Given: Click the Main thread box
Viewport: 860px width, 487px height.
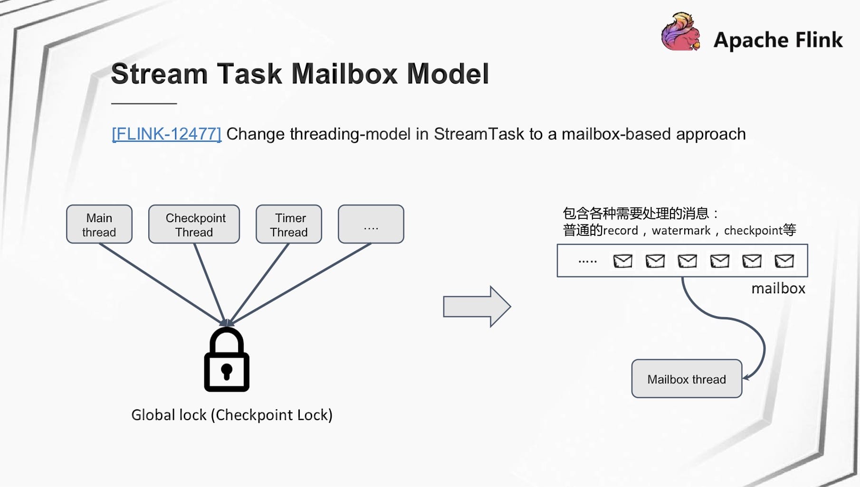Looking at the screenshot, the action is tap(99, 224).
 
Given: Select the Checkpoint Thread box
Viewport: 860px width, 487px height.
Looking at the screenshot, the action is tap(194, 224).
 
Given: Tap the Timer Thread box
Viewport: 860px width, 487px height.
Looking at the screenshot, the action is tap(289, 224).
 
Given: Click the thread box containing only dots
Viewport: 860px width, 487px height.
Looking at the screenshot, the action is tap(371, 224).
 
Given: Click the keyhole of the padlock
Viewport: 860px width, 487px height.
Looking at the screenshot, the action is tap(227, 372).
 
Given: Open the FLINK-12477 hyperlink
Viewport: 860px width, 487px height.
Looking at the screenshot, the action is tap(167, 134).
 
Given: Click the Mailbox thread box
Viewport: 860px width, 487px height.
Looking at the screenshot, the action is tap(687, 378).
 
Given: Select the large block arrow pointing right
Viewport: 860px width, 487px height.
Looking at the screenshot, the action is tap(477, 307).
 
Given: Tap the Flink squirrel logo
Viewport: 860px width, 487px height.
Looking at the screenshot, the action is tap(681, 32).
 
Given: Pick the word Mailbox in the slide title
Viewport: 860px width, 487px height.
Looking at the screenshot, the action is tap(345, 74).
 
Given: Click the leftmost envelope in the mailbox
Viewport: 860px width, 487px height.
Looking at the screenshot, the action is tap(622, 261).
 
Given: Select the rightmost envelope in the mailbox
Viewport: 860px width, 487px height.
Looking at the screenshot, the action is tap(784, 261).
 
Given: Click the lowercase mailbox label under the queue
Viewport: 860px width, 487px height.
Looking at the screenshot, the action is tap(778, 289).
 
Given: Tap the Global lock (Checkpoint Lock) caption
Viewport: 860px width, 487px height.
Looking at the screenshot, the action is tap(232, 415).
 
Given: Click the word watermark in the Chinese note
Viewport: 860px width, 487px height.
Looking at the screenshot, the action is tap(681, 231).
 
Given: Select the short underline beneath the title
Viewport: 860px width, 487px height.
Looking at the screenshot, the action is tap(144, 103).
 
